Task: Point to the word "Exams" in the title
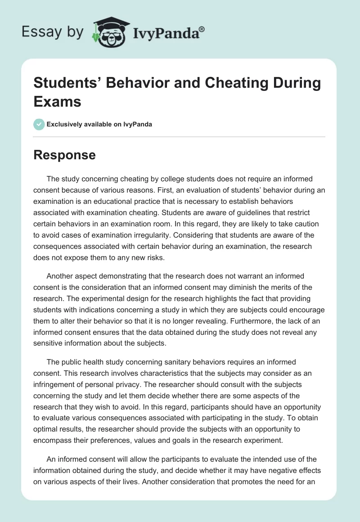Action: coord(58,101)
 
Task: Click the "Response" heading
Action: coord(65,155)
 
